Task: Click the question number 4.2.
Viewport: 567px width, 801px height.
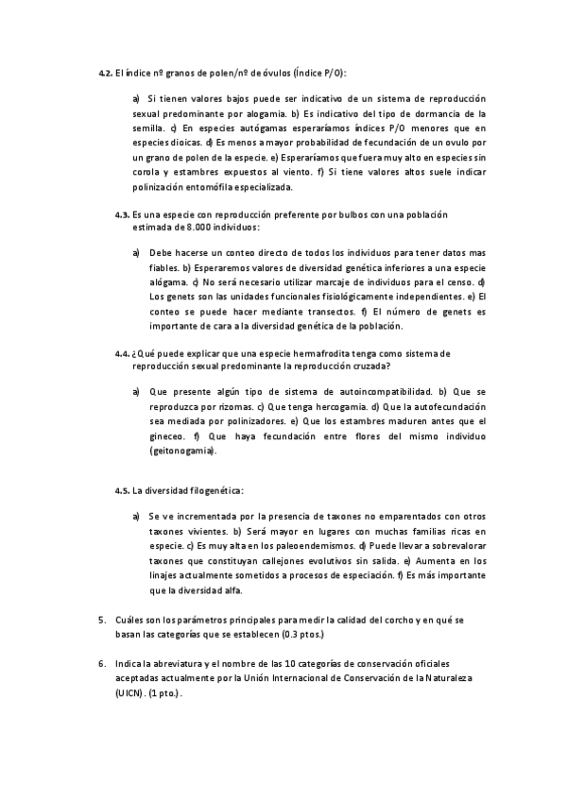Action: (x=107, y=74)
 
